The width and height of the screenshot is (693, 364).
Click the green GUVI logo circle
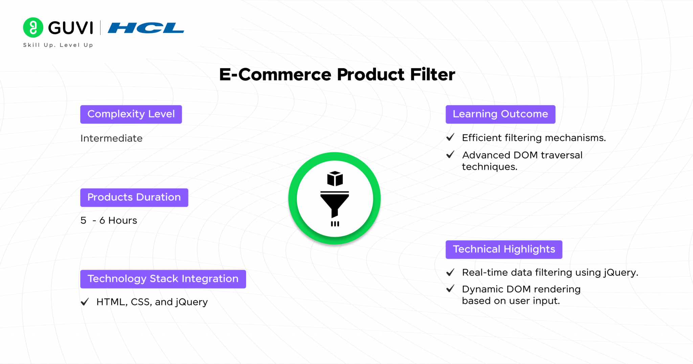tap(33, 27)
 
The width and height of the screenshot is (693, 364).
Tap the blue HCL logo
tap(146, 28)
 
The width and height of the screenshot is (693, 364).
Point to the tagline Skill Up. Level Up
tap(58, 45)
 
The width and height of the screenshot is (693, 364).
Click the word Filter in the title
tap(432, 74)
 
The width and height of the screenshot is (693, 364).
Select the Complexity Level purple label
tap(131, 114)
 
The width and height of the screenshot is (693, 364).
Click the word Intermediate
tap(111, 138)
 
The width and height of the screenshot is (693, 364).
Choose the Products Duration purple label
tap(134, 197)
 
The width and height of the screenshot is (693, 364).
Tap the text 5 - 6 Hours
tap(109, 220)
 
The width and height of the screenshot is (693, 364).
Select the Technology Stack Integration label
tap(163, 279)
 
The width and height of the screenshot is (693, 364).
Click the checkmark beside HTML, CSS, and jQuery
tap(85, 302)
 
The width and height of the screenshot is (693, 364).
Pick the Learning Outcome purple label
tap(500, 114)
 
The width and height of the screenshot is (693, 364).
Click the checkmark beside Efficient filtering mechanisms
tap(450, 137)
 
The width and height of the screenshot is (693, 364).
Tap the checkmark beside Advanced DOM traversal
tap(450, 154)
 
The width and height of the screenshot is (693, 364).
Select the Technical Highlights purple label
tap(504, 250)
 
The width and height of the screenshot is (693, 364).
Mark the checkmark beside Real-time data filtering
tap(450, 272)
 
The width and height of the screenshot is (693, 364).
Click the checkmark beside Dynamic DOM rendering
tap(450, 288)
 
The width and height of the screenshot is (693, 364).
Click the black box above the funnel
tap(335, 178)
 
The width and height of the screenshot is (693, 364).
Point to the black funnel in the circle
tap(335, 204)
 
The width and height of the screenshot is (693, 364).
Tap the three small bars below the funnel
tap(335, 224)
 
